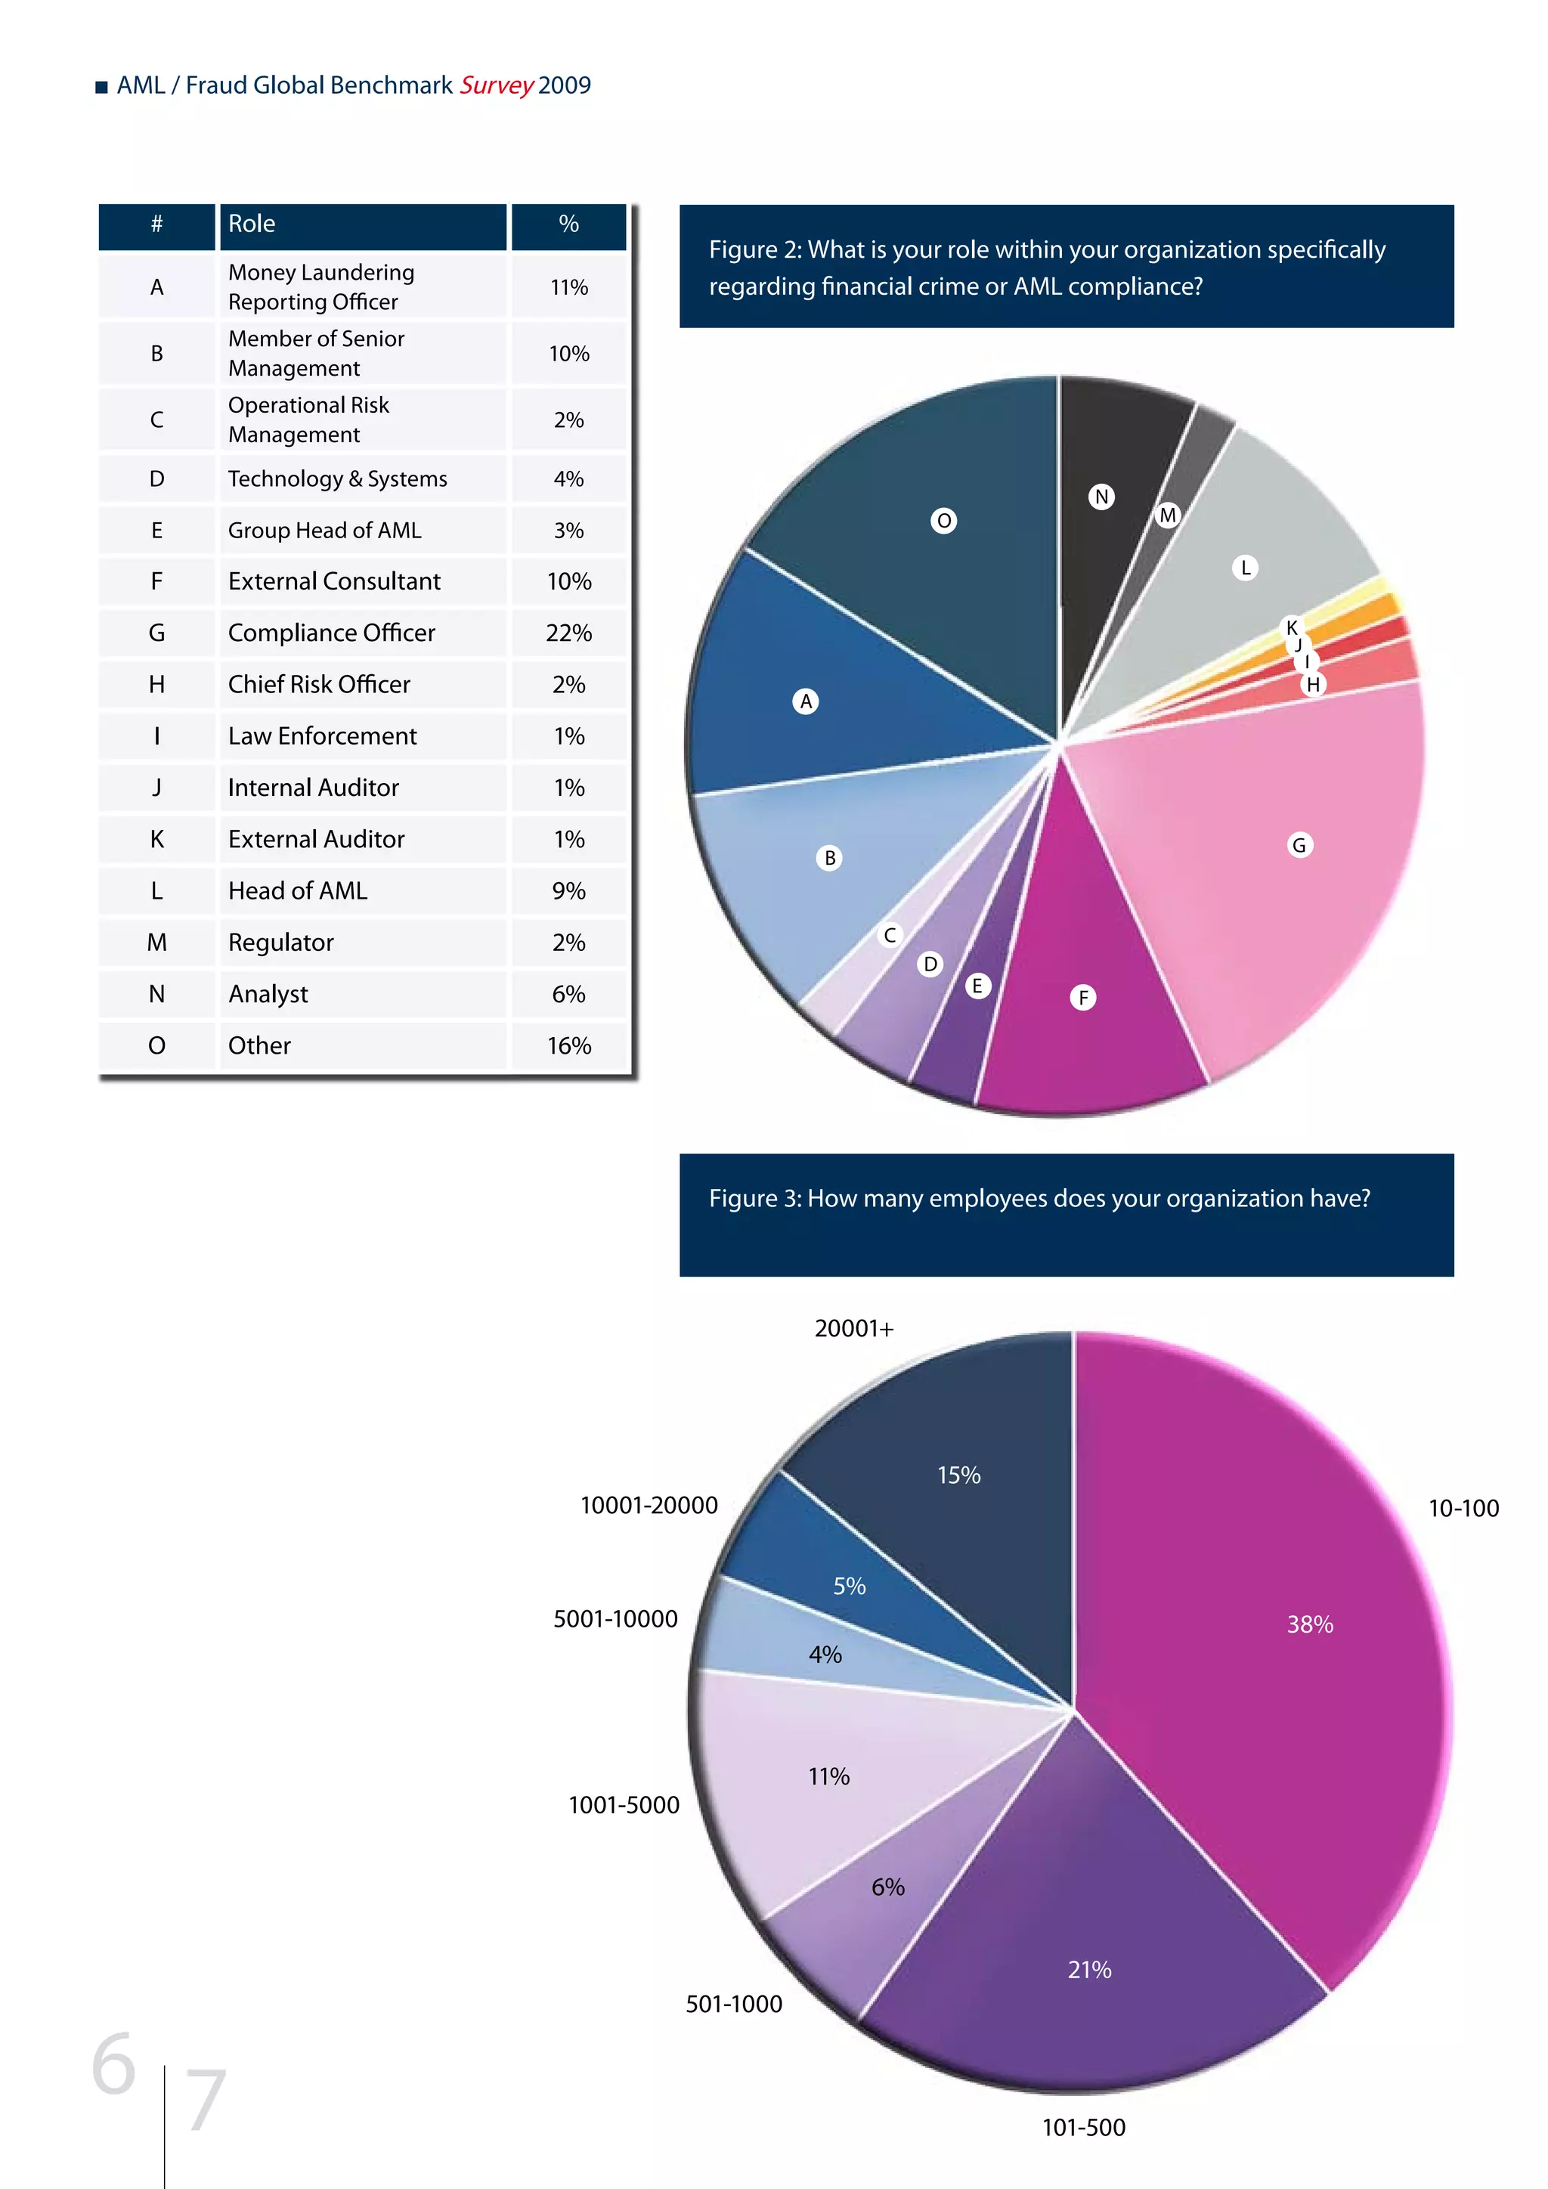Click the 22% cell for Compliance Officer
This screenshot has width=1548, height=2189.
point(568,633)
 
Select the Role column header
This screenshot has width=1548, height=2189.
point(252,224)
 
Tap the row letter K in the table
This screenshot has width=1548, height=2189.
point(156,839)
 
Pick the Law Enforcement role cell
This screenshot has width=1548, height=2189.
point(322,736)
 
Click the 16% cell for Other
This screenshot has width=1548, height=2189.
point(568,1046)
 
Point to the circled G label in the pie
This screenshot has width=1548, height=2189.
point(1299,846)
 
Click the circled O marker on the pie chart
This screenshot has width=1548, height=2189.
point(943,521)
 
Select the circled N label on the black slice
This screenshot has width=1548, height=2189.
point(1102,497)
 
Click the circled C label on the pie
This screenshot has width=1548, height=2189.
point(890,935)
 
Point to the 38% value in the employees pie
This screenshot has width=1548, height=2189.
point(1310,1624)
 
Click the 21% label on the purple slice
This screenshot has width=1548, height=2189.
point(1089,1970)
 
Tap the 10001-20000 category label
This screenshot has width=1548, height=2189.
point(649,1506)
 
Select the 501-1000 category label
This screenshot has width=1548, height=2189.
point(734,2004)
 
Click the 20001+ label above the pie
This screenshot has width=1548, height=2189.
point(854,1329)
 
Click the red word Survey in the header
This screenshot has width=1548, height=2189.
point(497,86)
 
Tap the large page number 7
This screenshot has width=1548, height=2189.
point(205,2101)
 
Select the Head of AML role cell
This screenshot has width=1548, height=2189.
point(297,890)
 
